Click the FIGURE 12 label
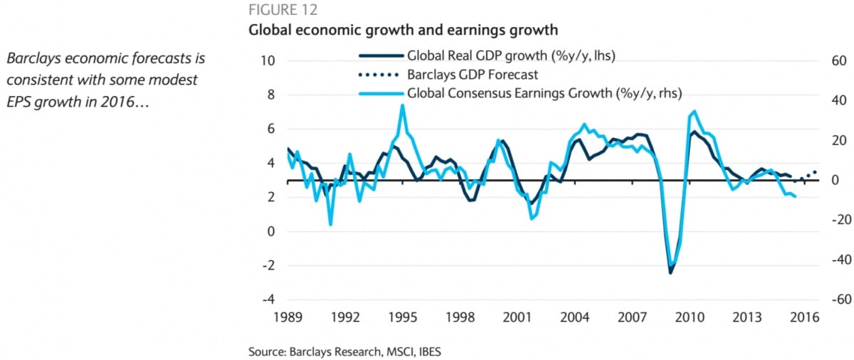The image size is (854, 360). point(283,11)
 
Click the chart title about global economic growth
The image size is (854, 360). point(402,31)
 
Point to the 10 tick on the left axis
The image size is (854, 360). point(268,60)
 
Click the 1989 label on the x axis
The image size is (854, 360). point(287,317)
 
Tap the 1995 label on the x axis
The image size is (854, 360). point(403,317)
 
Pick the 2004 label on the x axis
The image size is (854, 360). point(576,317)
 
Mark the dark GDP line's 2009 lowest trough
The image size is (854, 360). point(670,272)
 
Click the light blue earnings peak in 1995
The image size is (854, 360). point(403,105)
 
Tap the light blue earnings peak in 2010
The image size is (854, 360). point(695,111)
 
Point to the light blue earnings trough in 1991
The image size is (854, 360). point(330,225)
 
